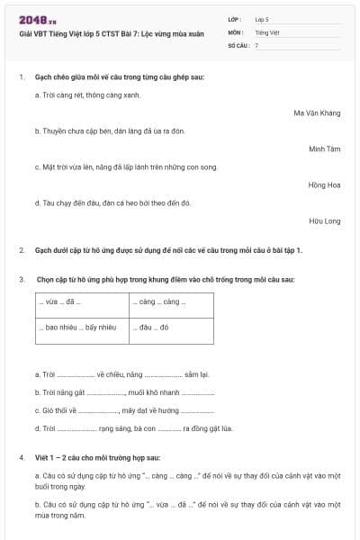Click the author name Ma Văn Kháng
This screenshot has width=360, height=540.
click(317, 113)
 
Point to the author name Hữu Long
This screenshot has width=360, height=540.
click(325, 221)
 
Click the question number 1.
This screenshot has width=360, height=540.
click(22, 77)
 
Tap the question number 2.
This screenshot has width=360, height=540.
click(22, 250)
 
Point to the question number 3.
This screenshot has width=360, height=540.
click(22, 280)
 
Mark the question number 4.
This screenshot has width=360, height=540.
click(22, 457)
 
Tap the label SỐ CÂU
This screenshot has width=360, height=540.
click(238, 44)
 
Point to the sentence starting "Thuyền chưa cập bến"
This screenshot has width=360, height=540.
click(110, 131)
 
